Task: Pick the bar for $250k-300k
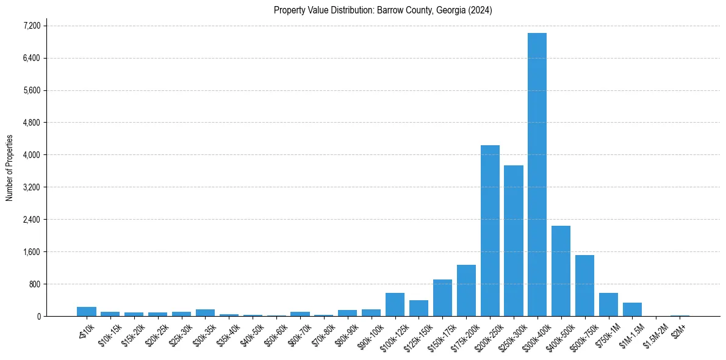514,240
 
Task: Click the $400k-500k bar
561,271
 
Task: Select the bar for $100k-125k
395,304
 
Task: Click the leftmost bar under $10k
86,311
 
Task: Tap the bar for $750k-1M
608,304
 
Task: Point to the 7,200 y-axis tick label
32,26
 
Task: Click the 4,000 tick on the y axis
32,155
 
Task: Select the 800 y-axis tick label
34,284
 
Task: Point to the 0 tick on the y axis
38,316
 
